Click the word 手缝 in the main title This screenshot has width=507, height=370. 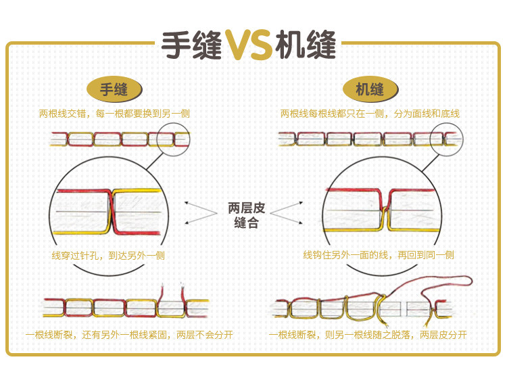click(192, 46)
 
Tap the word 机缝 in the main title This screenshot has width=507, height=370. click(306, 46)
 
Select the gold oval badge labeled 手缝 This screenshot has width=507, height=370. click(114, 89)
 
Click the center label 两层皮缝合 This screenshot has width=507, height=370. click(247, 215)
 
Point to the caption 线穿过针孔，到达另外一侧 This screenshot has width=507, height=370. click(108, 256)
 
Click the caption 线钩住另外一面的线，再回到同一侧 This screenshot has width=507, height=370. click(379, 255)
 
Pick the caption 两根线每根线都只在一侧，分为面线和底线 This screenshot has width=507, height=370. click(370, 114)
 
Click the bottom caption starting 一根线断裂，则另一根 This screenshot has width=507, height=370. click(368, 335)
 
